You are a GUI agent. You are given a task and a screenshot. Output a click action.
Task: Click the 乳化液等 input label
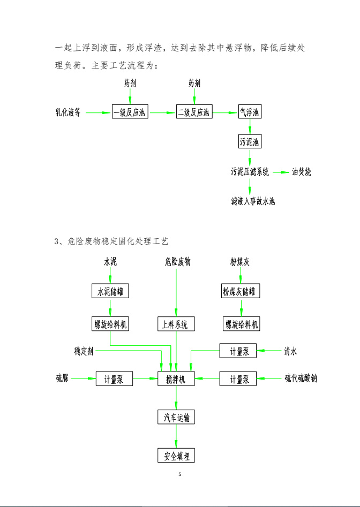click(68, 112)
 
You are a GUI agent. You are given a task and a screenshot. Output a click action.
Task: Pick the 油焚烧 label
click(302, 172)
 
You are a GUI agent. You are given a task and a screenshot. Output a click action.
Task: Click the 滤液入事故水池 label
click(253, 201)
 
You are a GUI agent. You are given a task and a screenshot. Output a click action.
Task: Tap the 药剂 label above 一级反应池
click(130, 83)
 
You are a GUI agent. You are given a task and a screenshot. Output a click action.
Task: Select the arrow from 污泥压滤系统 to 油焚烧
click(281, 172)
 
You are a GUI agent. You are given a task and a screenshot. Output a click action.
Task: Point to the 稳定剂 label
click(84, 351)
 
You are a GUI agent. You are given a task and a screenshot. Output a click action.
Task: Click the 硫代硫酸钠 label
click(301, 378)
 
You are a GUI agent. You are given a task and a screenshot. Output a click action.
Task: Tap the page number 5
click(180, 474)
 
